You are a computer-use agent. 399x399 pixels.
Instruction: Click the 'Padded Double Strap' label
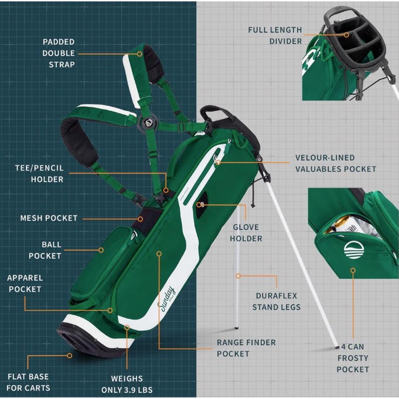pyautogui.click(x=59, y=53)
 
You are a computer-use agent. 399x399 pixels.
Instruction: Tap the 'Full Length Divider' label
pyautogui.click(x=275, y=36)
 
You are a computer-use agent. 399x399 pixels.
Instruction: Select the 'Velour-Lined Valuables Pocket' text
pyautogui.click(x=335, y=163)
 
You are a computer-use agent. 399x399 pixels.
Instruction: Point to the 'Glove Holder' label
pyautogui.click(x=246, y=233)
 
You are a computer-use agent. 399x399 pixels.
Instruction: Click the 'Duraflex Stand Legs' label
pyautogui.click(x=276, y=301)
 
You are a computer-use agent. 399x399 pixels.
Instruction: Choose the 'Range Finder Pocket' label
pyautogui.click(x=246, y=348)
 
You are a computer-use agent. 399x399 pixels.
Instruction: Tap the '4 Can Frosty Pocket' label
pyautogui.click(x=352, y=358)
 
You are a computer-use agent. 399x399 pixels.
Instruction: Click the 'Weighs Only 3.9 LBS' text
pyautogui.click(x=127, y=384)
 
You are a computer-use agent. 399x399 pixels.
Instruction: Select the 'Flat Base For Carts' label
pyautogui.click(x=28, y=382)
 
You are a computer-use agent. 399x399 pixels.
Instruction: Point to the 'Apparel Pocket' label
pyautogui.click(x=25, y=283)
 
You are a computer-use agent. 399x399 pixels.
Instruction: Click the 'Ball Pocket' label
pyautogui.click(x=45, y=250)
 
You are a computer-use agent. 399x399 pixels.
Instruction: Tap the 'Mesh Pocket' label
pyautogui.click(x=49, y=218)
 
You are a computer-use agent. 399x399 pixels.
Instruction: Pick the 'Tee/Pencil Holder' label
pyautogui.click(x=40, y=174)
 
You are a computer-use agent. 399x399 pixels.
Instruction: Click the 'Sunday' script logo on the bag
pyautogui.click(x=168, y=298)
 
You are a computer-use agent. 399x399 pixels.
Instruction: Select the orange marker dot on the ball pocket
pyautogui.click(x=101, y=250)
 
